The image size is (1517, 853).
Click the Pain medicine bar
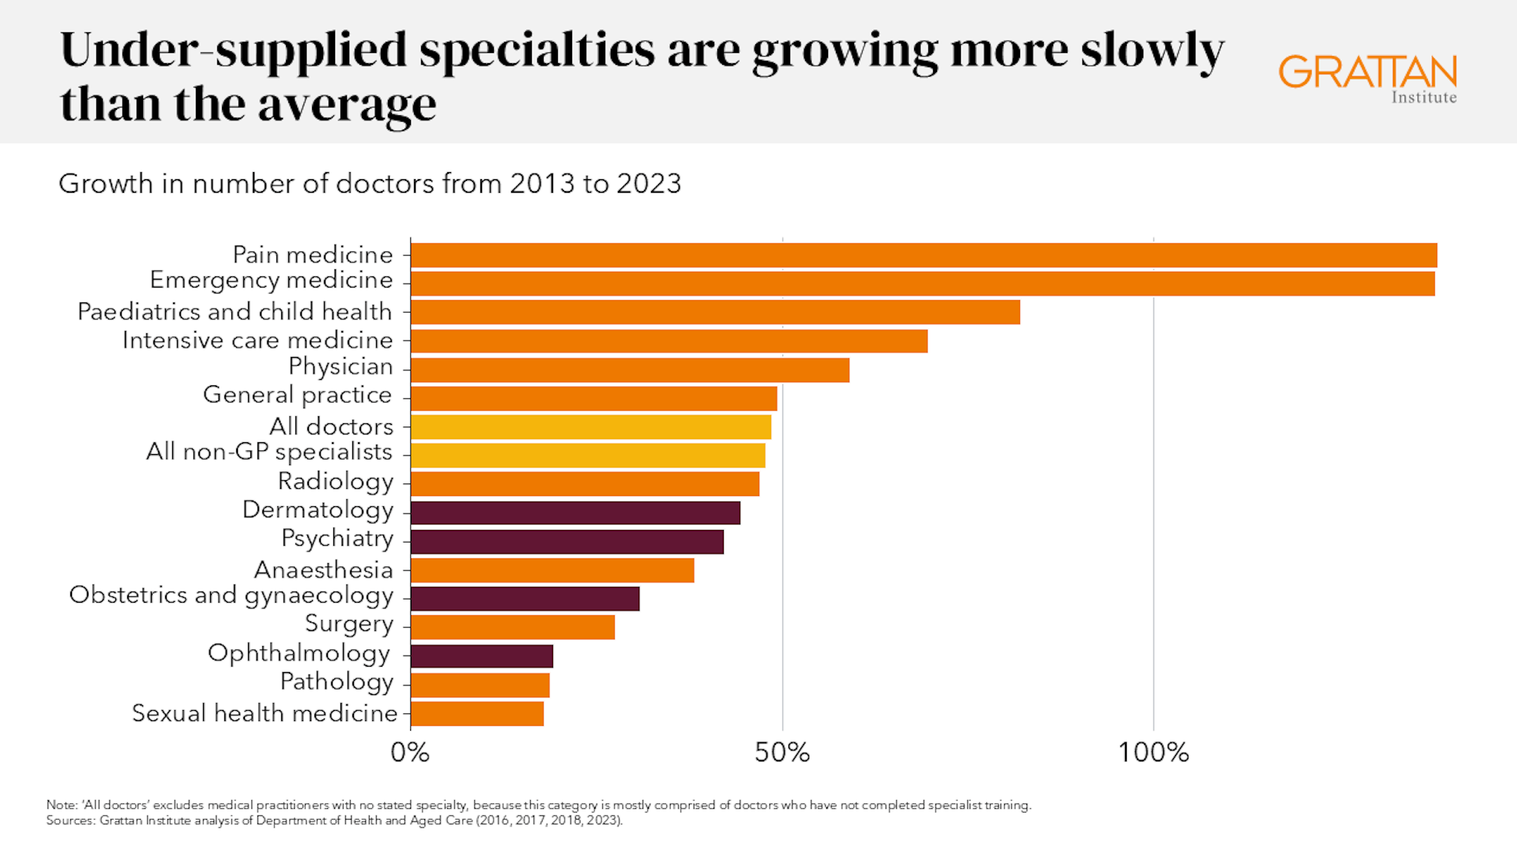click(923, 255)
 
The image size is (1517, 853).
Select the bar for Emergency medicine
click(922, 284)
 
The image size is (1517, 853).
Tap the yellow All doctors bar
click(590, 426)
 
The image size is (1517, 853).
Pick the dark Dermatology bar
click(575, 513)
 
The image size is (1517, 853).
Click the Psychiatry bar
click(567, 542)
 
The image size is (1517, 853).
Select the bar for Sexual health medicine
click(477, 713)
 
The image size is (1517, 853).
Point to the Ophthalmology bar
click(482, 656)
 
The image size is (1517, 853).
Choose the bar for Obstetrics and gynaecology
click(525, 599)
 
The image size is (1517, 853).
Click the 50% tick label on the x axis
click(781, 753)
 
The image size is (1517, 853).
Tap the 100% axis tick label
click(1153, 753)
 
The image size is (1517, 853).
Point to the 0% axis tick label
click(410, 753)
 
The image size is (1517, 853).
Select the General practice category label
click(297, 395)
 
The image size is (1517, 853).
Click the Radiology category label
click(335, 481)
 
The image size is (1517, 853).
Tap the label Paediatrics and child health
click(235, 312)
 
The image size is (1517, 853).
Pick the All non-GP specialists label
click(269, 452)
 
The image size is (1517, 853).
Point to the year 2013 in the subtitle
click(543, 183)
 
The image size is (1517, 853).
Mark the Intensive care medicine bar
click(668, 341)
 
